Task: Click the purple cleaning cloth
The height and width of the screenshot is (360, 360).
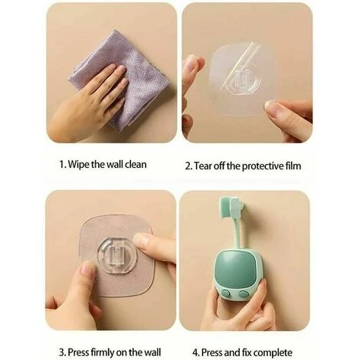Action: (120, 77)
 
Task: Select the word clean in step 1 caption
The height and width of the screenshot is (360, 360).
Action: (136, 164)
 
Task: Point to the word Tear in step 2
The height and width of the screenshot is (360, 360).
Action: (203, 166)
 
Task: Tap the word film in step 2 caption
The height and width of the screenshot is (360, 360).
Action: (293, 165)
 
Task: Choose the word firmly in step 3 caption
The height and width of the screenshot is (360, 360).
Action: (103, 352)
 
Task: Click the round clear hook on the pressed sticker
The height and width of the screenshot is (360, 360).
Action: (117, 255)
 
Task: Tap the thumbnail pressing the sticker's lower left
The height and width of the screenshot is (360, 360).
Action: (88, 268)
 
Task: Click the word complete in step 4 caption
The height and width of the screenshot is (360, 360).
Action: (273, 353)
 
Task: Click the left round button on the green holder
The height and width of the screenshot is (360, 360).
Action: (226, 293)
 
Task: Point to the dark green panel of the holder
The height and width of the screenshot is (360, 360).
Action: (235, 268)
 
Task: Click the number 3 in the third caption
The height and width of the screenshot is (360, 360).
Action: (61, 352)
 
